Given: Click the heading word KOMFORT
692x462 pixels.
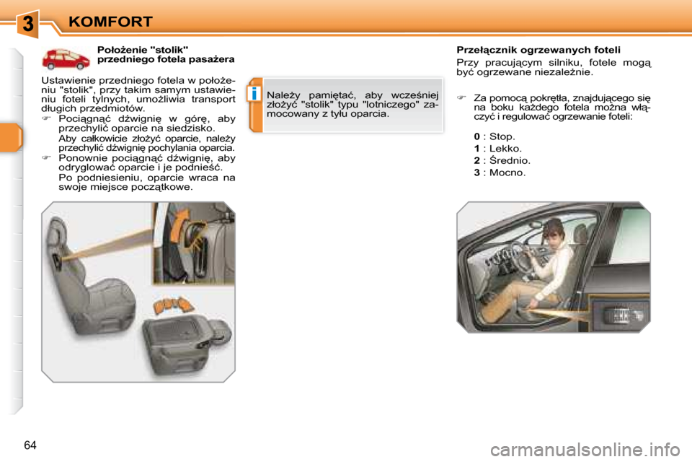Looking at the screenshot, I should coord(110,22).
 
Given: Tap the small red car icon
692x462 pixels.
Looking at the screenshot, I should coord(65,58).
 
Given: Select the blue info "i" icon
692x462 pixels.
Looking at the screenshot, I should coord(254,94).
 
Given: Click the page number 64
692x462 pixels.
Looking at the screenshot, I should coord(30,445).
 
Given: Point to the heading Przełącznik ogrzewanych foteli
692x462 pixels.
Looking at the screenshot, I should coord(538,51).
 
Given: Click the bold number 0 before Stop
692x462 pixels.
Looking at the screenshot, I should coord(476,136).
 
